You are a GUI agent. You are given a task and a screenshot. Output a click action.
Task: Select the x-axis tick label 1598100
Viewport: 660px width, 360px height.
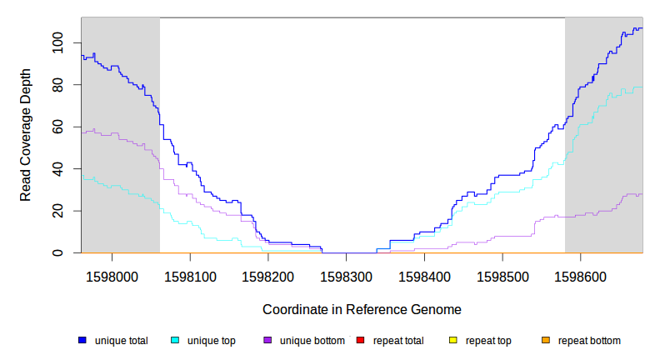(x=190, y=274)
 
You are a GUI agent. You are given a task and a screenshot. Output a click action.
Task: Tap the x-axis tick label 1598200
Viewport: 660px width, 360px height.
(x=268, y=274)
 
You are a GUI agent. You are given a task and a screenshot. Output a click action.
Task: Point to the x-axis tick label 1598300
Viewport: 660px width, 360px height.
(x=347, y=274)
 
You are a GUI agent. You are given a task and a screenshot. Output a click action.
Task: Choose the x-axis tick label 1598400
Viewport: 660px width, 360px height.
(x=425, y=274)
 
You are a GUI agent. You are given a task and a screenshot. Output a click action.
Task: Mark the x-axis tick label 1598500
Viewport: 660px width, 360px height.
(x=502, y=274)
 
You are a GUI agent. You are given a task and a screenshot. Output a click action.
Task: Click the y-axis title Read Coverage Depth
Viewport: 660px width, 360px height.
(x=26, y=135)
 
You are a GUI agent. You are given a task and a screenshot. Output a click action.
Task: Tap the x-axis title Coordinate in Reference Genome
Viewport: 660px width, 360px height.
(x=362, y=309)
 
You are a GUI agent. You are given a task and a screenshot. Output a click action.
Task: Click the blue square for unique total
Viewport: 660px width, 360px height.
(x=82, y=341)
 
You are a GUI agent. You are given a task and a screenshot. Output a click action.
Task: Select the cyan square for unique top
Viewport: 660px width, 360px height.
(x=175, y=341)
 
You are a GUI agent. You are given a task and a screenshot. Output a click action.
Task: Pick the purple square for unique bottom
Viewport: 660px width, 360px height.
(x=267, y=341)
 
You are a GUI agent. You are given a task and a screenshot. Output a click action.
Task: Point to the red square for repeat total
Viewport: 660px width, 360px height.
(x=360, y=341)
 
